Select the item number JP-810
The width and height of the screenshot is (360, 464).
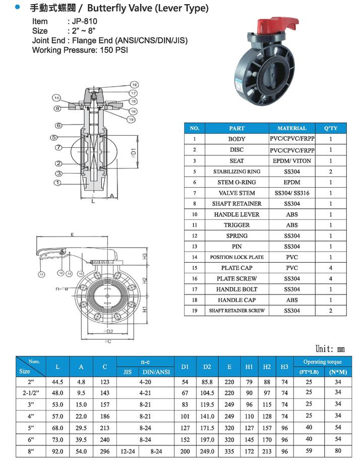tap(83, 21)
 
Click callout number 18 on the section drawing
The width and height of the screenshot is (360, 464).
tap(134, 84)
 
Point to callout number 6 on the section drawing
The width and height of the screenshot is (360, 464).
tap(58, 125)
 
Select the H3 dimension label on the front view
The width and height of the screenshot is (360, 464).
tap(144, 256)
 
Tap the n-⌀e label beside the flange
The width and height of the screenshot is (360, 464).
tap(63, 289)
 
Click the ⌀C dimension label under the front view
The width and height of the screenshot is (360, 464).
tap(108, 341)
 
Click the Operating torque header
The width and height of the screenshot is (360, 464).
tap(322, 362)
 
